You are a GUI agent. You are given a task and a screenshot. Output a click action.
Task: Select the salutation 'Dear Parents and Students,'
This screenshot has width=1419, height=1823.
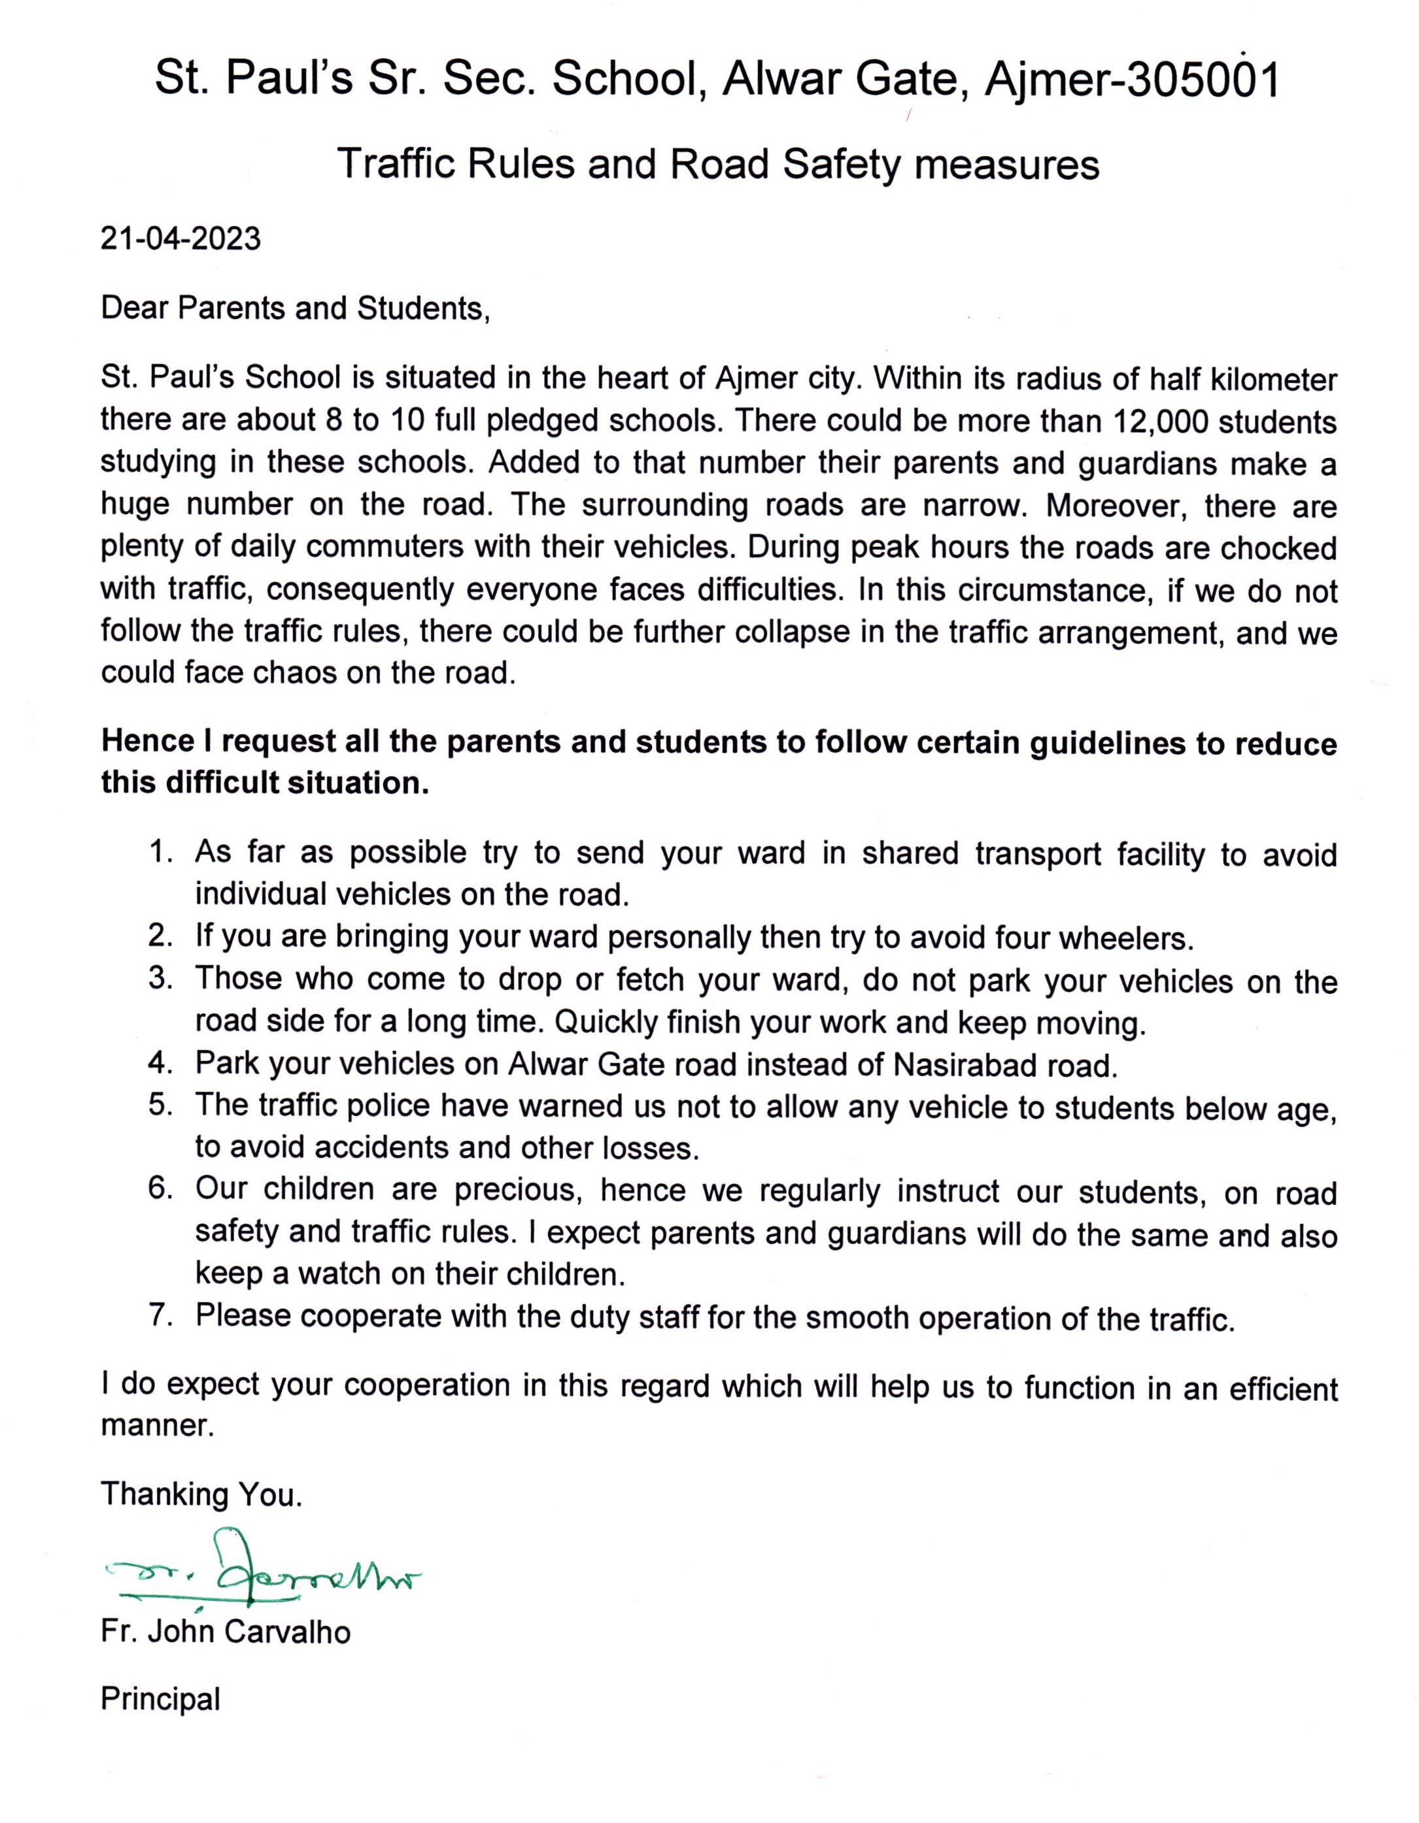(x=294, y=309)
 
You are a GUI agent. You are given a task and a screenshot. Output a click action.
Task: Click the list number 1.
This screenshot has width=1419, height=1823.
(x=160, y=852)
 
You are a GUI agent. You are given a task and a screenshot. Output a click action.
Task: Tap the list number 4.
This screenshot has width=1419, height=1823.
(x=160, y=1064)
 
